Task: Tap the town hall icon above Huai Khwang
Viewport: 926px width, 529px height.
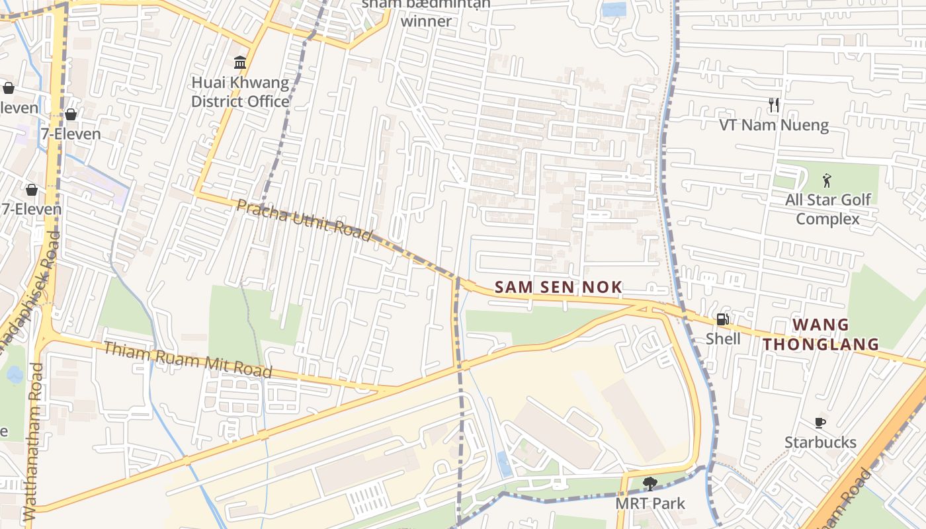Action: (240, 63)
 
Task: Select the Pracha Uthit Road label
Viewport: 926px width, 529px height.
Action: (304, 219)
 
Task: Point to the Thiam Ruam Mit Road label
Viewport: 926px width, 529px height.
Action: (187, 359)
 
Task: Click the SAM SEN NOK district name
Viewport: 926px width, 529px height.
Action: (558, 287)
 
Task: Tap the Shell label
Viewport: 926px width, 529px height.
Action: (723, 339)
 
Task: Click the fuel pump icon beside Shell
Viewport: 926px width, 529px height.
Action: (723, 320)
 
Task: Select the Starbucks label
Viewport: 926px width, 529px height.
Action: (820, 442)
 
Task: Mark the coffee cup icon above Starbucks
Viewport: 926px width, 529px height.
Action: (820, 423)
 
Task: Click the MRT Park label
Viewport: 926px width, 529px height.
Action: (650, 503)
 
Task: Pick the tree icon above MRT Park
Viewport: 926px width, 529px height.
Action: (650, 484)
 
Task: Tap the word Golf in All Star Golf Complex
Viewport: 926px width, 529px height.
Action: (855, 200)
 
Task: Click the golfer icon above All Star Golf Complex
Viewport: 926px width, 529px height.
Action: (827, 180)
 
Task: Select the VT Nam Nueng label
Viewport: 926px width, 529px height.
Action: (774, 125)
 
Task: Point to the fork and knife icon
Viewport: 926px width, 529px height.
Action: (774, 105)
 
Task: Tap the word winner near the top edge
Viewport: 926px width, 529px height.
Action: (427, 20)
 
